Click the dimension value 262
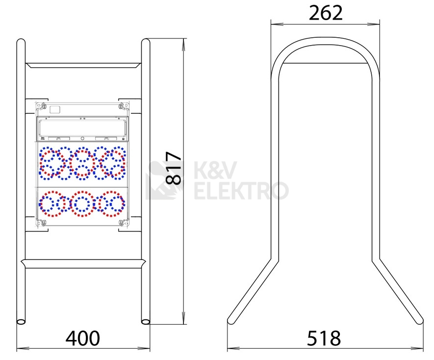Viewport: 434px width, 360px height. [x=326, y=13]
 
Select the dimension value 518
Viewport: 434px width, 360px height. [x=324, y=338]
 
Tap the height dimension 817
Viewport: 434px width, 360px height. [x=174, y=168]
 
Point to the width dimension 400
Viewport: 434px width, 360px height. [x=83, y=338]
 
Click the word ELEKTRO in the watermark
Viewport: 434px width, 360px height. [x=241, y=191]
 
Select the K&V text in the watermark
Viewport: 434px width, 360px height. [x=215, y=170]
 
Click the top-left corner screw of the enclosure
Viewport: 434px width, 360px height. [x=43, y=106]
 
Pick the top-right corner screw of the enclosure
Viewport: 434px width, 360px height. [x=121, y=106]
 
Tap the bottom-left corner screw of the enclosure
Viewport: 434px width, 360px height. [x=43, y=222]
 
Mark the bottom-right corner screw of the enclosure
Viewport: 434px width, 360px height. [x=121, y=222]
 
